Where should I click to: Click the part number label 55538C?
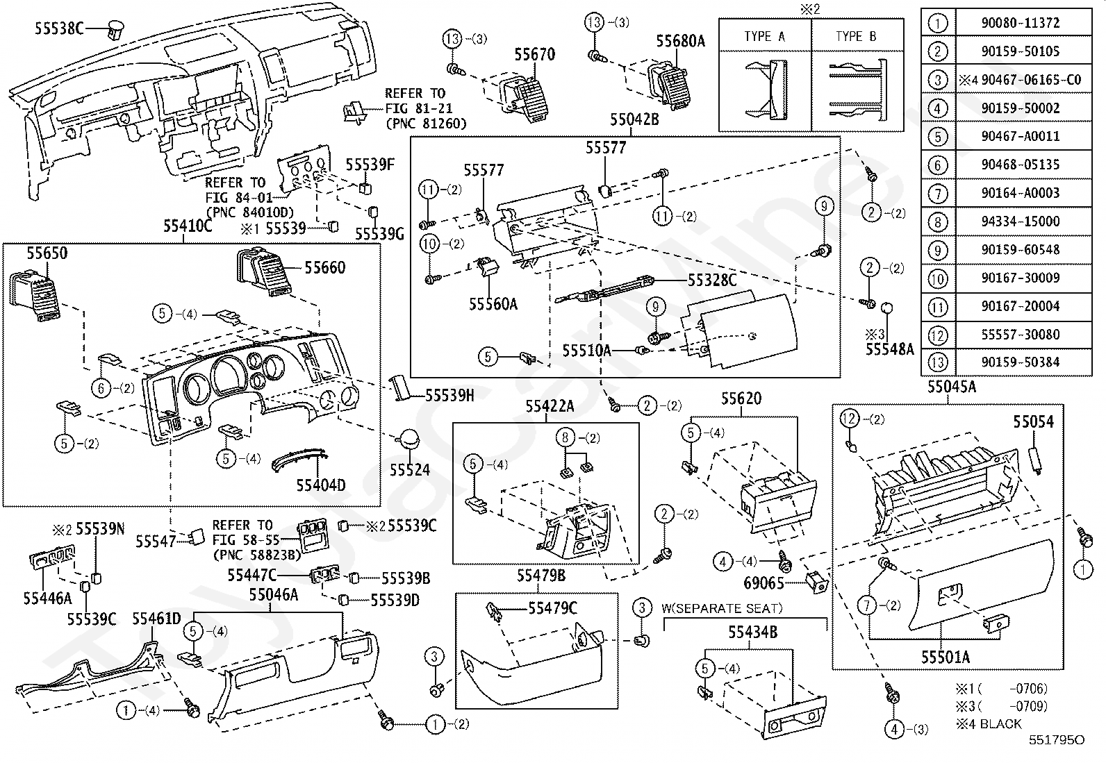[59, 28]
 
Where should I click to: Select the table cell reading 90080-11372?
[1020, 22]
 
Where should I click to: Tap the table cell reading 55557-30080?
[1020, 335]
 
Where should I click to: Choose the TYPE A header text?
[764, 37]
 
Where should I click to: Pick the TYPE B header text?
[856, 37]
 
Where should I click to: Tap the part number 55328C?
[711, 280]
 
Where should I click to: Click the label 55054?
[1032, 421]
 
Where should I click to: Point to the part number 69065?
[764, 583]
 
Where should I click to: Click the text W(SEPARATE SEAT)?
[721, 609]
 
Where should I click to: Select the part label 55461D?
[156, 619]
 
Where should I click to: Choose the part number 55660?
[325, 267]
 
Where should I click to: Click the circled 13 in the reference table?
[938, 362]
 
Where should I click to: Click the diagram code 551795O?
[1056, 740]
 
